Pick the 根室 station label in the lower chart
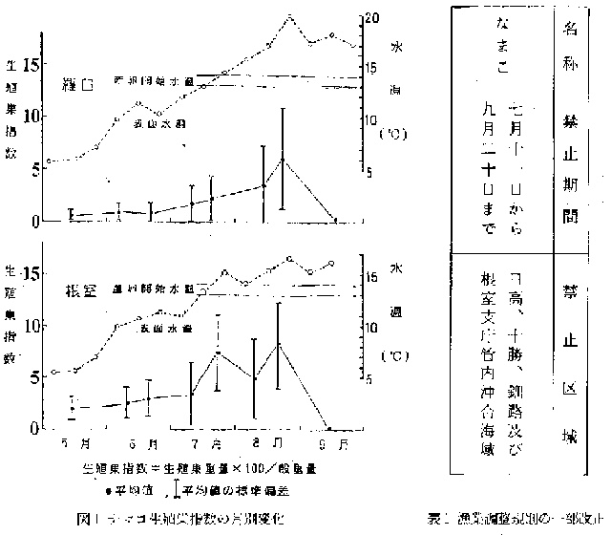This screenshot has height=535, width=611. (78, 289)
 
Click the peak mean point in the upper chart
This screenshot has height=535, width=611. (283, 159)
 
